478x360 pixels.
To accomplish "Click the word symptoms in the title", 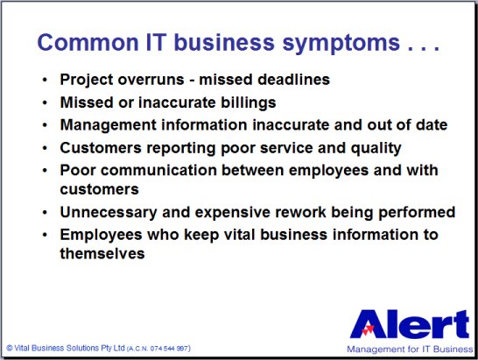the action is pyautogui.click(x=341, y=43).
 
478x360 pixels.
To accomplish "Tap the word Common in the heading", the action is pyautogui.click(x=88, y=42).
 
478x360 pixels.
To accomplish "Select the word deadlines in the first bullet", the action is pyautogui.click(x=294, y=80).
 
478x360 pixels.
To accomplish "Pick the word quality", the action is pyautogui.click(x=376, y=149).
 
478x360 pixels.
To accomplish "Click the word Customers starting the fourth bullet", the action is pyautogui.click(x=101, y=148).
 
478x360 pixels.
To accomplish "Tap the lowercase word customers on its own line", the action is pyautogui.click(x=100, y=189).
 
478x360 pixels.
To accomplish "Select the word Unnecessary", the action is pyautogui.click(x=109, y=213).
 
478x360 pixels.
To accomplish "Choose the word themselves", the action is pyautogui.click(x=102, y=253).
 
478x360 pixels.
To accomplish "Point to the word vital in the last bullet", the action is pyautogui.click(x=240, y=235).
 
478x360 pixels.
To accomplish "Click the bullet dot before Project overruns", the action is pyautogui.click(x=46, y=80).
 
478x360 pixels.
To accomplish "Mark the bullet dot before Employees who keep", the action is pyautogui.click(x=46, y=236).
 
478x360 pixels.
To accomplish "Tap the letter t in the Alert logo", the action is pyautogui.click(x=460, y=324).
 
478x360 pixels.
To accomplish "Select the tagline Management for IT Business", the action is pyautogui.click(x=410, y=349).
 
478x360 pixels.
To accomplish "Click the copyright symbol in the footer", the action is pyautogui.click(x=10, y=348).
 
